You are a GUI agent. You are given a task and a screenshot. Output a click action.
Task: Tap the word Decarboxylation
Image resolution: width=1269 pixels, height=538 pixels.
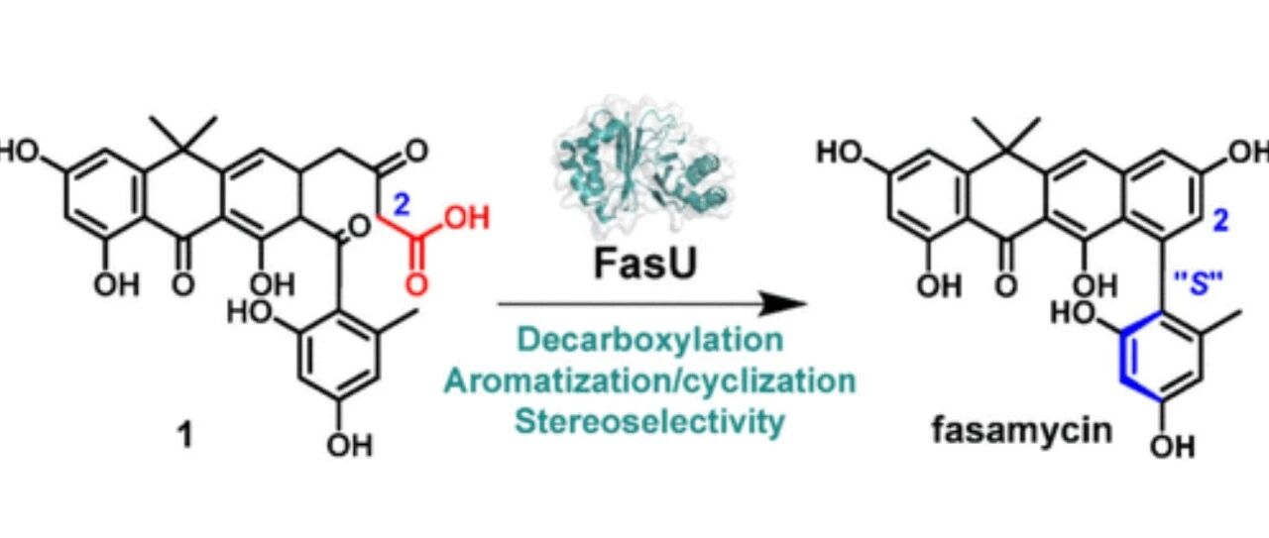point(634,340)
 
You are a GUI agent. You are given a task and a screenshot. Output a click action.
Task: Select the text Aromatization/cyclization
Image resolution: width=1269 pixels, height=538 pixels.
point(634,380)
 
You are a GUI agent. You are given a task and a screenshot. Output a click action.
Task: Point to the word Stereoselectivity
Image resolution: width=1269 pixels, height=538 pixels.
point(634,420)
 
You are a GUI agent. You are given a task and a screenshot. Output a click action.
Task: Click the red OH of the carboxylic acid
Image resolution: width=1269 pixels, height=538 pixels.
point(468,218)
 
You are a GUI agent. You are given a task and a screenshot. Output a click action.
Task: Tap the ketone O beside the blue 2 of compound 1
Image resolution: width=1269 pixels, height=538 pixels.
point(414,152)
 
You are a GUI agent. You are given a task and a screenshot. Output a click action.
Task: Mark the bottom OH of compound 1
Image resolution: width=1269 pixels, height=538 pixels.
point(350,447)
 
